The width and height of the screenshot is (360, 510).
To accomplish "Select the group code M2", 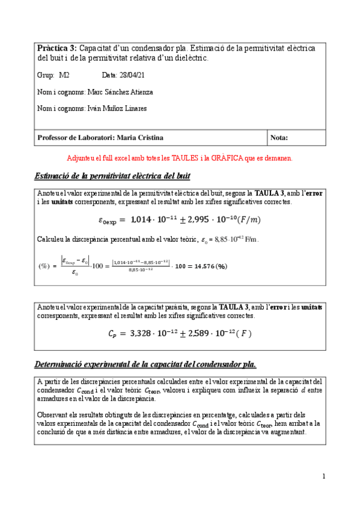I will (64, 75).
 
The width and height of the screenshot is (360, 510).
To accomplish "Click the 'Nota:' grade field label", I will (279, 138).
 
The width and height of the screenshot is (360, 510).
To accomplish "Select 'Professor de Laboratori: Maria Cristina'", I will (100, 138).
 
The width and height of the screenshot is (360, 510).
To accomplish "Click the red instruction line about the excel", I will (180, 158).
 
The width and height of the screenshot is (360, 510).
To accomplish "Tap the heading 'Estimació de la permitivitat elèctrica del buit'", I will (114, 176).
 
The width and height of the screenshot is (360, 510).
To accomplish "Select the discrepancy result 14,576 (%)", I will (206, 266).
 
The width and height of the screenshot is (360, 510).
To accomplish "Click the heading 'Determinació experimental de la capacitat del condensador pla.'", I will (146, 364).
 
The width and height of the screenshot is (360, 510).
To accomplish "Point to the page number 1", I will (323, 477).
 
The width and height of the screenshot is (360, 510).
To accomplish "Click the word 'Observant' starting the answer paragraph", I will (52, 416).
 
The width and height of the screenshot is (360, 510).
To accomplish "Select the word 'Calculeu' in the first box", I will (50, 239).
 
